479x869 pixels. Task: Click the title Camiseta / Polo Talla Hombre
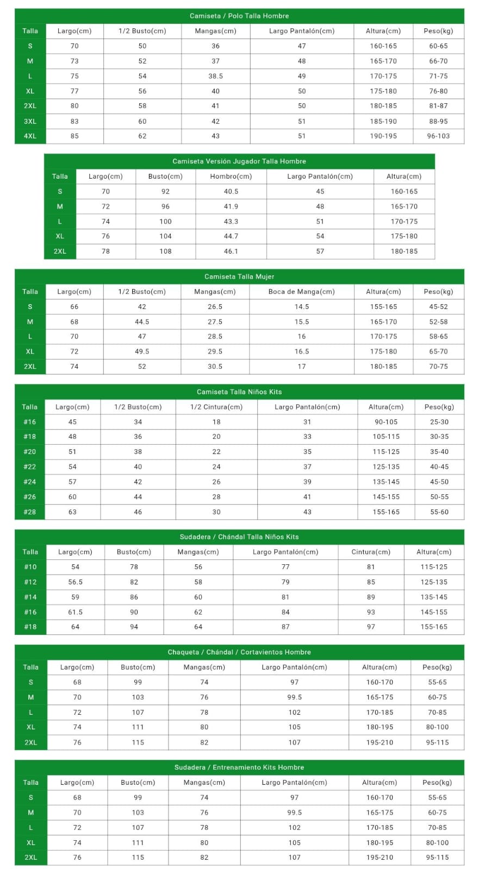tap(239, 16)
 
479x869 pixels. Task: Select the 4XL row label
tap(30, 136)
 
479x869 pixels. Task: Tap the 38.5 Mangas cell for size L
tap(215, 76)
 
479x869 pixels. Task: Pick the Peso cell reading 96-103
tap(438, 136)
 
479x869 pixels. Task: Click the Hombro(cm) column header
tap(231, 177)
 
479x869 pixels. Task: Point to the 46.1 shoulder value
tap(231, 251)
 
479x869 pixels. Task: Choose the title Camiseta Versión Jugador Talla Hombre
tap(239, 161)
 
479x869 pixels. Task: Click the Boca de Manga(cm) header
tap(301, 292)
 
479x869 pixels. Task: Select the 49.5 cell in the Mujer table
tap(142, 351)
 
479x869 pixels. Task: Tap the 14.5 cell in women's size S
tap(301, 307)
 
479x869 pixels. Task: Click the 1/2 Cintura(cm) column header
tap(216, 407)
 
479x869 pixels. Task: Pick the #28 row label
tap(29, 512)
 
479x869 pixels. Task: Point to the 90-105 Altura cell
tap(386, 422)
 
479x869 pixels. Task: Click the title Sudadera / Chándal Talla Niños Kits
tap(239, 537)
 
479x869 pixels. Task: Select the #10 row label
tap(30, 567)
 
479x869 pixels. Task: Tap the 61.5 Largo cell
tap(75, 612)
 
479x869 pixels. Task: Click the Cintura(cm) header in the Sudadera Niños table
tap(371, 552)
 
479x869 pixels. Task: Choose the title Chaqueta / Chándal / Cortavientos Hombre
tap(239, 652)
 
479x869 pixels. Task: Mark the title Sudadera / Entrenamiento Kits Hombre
tap(239, 767)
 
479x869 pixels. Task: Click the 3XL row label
tap(30, 122)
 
